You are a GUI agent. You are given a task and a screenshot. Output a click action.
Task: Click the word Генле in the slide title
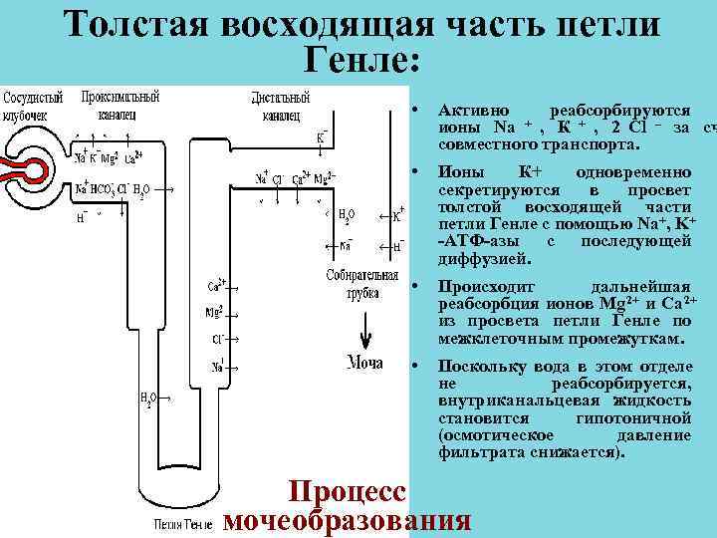point(358,63)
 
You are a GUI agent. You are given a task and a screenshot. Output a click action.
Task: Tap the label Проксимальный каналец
point(120,106)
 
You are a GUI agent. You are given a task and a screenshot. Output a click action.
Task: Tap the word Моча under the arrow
point(364,363)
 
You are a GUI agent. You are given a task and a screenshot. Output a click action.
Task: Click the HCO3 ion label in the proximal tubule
point(103,189)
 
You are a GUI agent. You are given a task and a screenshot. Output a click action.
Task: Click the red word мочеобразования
point(349,521)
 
